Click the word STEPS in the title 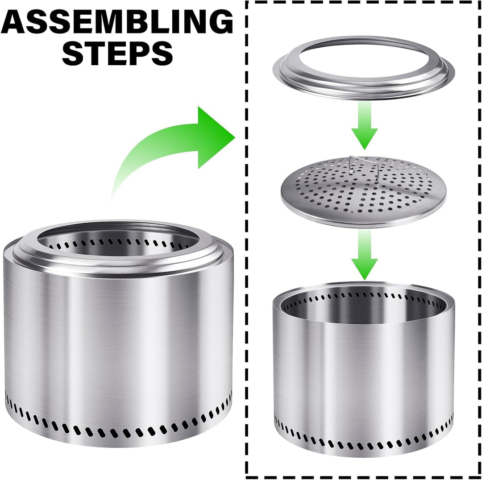pos(117,53)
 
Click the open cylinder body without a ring pos(364,369)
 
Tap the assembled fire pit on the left pos(118,332)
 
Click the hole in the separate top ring pos(364,58)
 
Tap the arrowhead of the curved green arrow pos(215,137)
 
